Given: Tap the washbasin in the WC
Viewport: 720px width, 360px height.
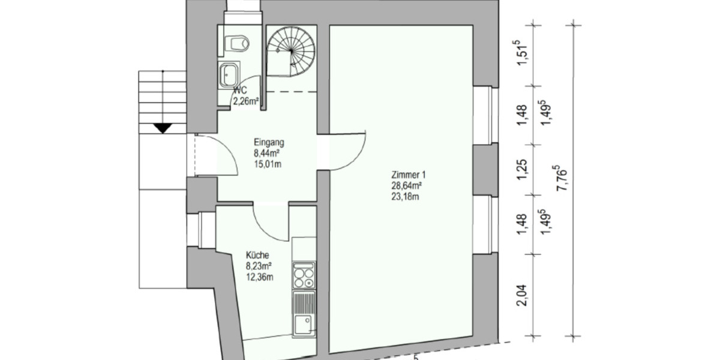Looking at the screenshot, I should pyautogui.click(x=229, y=75).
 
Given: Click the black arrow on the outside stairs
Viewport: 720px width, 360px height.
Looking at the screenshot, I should pyautogui.click(x=161, y=128).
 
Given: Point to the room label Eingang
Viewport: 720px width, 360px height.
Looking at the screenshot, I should pyautogui.click(x=269, y=143).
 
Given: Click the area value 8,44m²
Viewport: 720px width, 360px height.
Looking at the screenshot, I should pyautogui.click(x=268, y=154).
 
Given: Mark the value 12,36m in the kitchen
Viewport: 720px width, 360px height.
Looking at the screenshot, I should pyautogui.click(x=259, y=276).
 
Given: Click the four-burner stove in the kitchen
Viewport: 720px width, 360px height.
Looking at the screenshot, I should pyautogui.click(x=304, y=277).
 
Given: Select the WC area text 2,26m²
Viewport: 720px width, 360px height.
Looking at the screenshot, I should pyautogui.click(x=246, y=101).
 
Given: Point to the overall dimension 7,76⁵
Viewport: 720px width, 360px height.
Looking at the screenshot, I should pyautogui.click(x=564, y=180).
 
